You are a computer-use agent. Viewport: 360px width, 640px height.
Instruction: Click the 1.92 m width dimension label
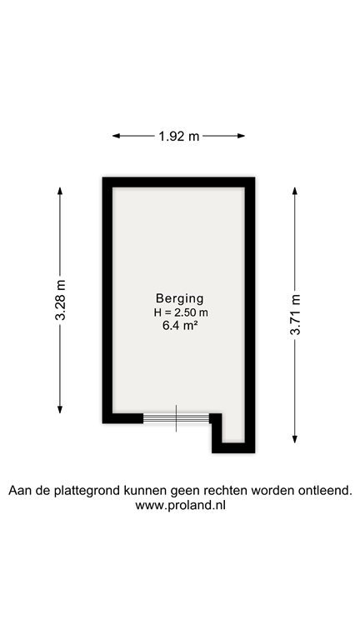[x=178, y=136]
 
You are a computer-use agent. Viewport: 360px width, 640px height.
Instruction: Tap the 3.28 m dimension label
[x=60, y=300]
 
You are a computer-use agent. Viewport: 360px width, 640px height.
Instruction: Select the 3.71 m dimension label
[x=295, y=314]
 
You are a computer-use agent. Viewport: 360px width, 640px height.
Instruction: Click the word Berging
[x=179, y=298]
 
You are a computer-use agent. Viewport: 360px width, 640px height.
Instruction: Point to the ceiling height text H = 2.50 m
[x=180, y=312]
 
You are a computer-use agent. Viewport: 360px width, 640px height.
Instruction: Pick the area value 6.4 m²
[x=179, y=326]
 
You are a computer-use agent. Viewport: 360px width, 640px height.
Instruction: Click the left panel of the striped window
[x=159, y=418]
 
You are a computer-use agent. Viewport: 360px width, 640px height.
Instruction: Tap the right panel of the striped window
[x=192, y=418]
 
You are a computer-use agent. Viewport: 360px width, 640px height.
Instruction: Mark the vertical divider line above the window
[x=176, y=409]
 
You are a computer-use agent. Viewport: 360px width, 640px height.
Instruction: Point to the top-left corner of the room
[x=114, y=188]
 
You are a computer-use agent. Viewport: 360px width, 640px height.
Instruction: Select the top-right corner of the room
[x=243, y=188]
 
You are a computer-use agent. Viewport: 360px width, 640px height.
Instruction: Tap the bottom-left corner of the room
[x=114, y=412]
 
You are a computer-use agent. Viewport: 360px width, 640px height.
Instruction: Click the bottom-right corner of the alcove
[x=243, y=441]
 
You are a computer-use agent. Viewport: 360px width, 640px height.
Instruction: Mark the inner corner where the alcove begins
[x=222, y=412]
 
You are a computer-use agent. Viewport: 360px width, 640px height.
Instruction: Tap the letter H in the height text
[x=157, y=312]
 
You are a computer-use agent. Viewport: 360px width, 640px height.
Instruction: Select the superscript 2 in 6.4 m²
[x=195, y=323]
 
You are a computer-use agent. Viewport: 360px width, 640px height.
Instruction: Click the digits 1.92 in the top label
[x=172, y=136]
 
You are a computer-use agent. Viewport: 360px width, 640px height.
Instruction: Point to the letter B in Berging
[x=159, y=298]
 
